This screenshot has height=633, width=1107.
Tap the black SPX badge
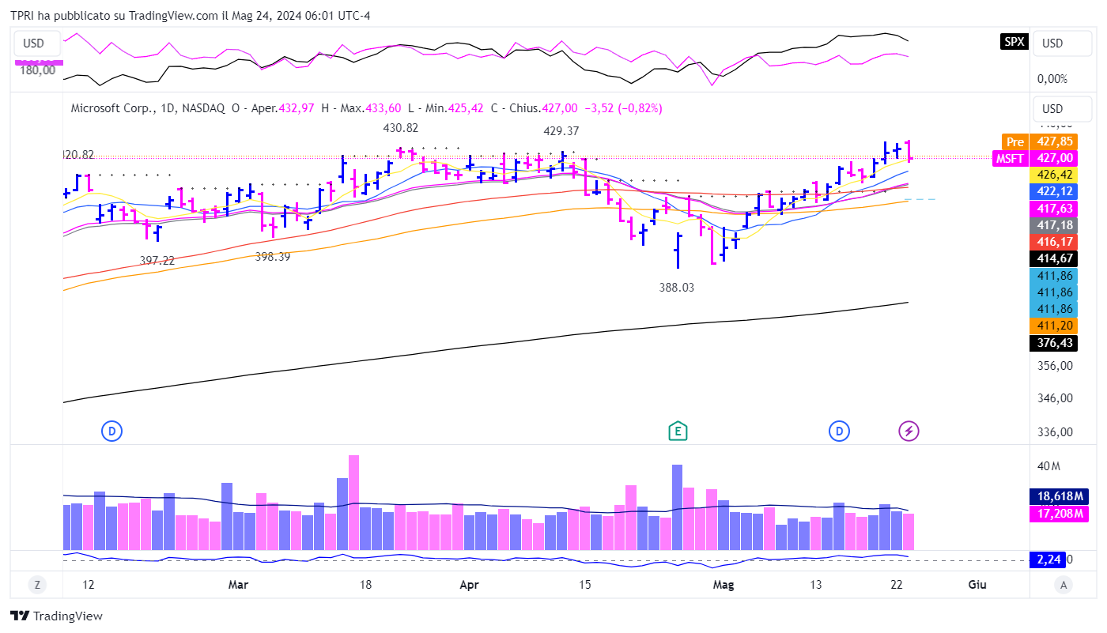click(x=1014, y=43)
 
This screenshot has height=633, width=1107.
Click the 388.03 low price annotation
click(x=676, y=288)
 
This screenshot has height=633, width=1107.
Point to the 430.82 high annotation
click(x=400, y=128)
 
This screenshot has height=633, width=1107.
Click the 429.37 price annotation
click(x=561, y=131)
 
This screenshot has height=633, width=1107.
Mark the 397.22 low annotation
click(x=157, y=260)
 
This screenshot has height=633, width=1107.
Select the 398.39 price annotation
click(x=273, y=257)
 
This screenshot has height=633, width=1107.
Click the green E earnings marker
click(x=677, y=431)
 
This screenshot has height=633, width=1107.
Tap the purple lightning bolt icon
click(x=909, y=431)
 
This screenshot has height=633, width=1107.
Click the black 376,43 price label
click(x=1057, y=343)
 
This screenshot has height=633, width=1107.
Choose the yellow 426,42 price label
click(x=1057, y=174)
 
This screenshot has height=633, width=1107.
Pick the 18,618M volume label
click(x=1057, y=496)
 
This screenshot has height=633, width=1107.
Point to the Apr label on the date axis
click(x=469, y=585)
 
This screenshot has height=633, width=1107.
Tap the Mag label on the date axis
click(x=723, y=585)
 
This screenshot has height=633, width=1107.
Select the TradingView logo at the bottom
click(x=57, y=616)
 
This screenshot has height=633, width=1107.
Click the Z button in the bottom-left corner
click(x=36, y=585)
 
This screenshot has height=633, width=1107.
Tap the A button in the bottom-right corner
click(x=1064, y=585)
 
